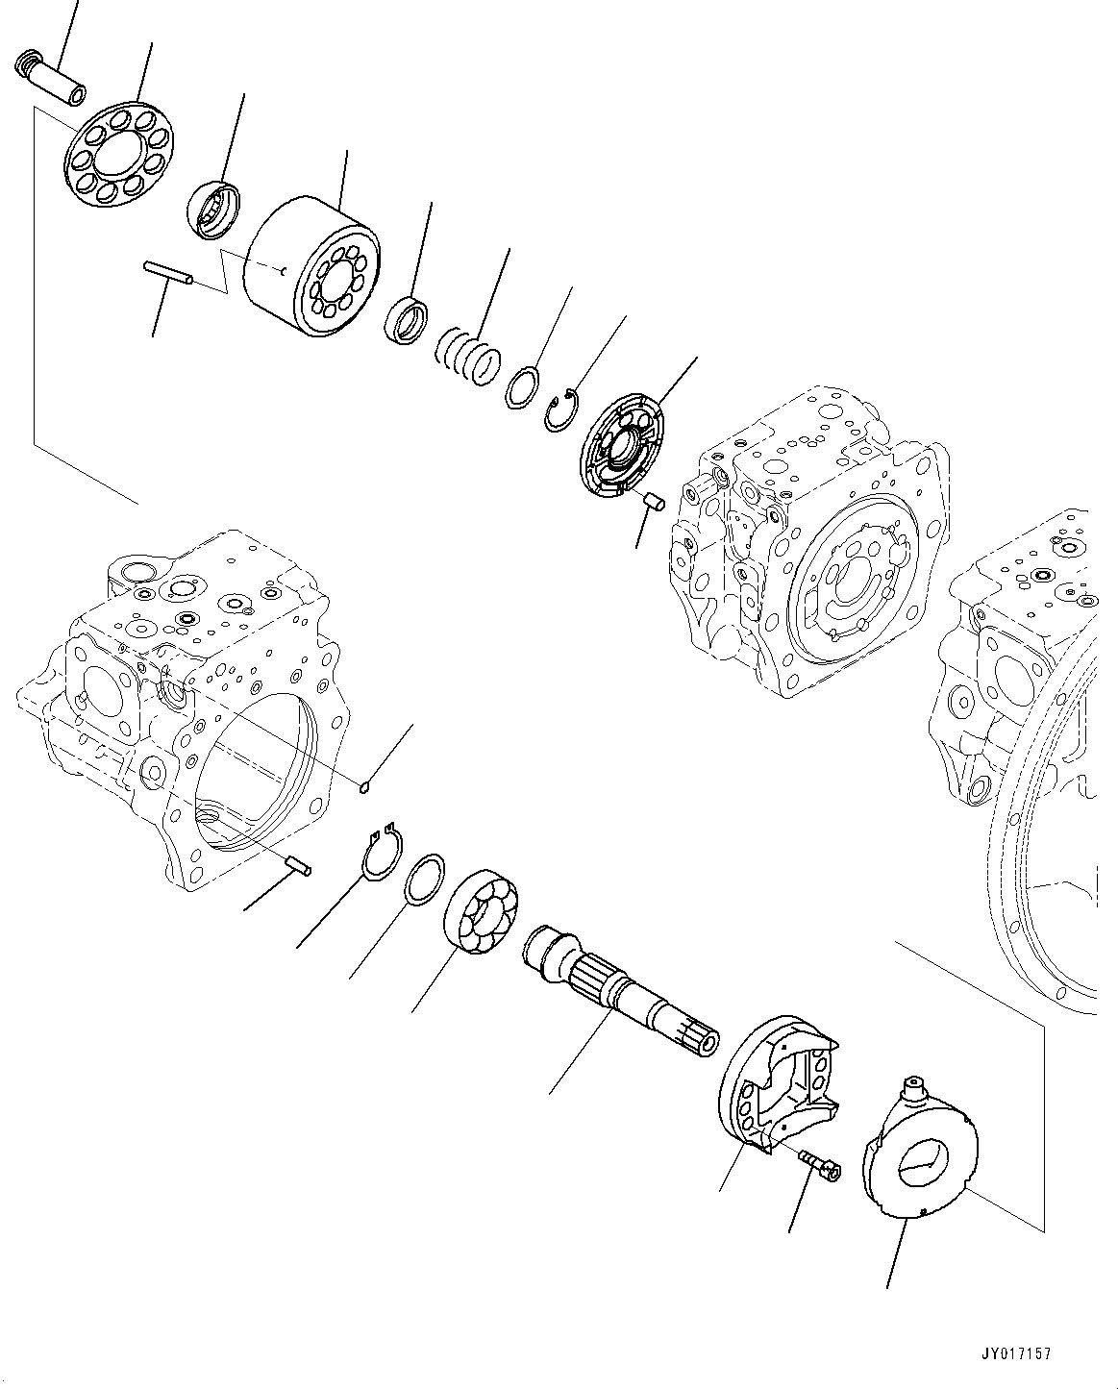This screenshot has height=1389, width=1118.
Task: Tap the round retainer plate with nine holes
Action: [117, 154]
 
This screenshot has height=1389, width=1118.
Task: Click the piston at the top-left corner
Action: [51, 81]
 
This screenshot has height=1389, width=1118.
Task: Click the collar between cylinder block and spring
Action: [406, 320]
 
